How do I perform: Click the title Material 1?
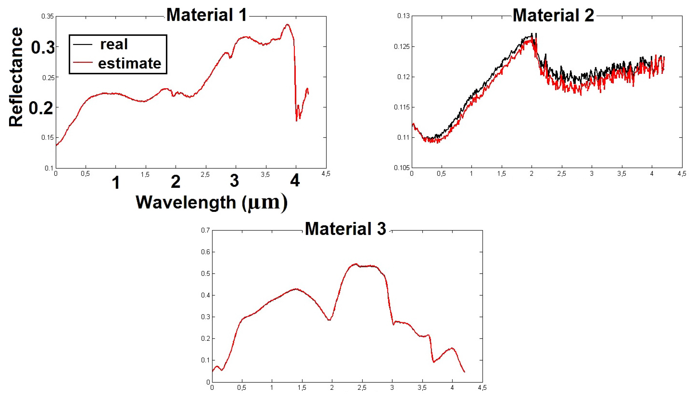point(207,15)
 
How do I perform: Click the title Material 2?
point(553,15)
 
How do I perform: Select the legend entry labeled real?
point(114,44)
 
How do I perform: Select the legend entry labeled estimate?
point(130,63)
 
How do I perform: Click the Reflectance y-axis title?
point(15,77)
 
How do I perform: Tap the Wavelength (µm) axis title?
point(211,202)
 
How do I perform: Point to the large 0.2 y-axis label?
point(41,108)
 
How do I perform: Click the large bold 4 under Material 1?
point(295,180)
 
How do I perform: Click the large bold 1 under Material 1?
point(116,183)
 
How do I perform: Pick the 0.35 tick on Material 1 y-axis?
point(47,16)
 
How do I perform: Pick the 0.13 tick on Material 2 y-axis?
point(403,16)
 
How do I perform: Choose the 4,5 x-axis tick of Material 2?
point(682,174)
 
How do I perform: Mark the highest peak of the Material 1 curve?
point(287,25)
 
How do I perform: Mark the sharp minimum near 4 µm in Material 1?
point(297,120)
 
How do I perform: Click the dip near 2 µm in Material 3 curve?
point(329,320)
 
